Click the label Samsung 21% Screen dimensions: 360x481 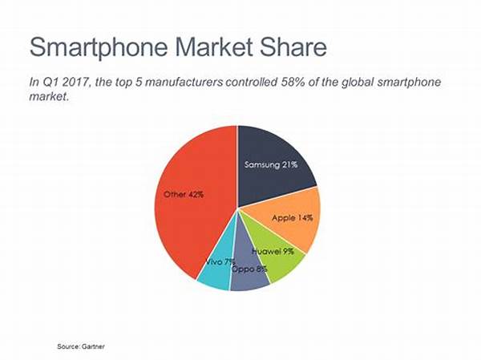(x=270, y=164)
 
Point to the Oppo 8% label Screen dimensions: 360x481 (x=249, y=268)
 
